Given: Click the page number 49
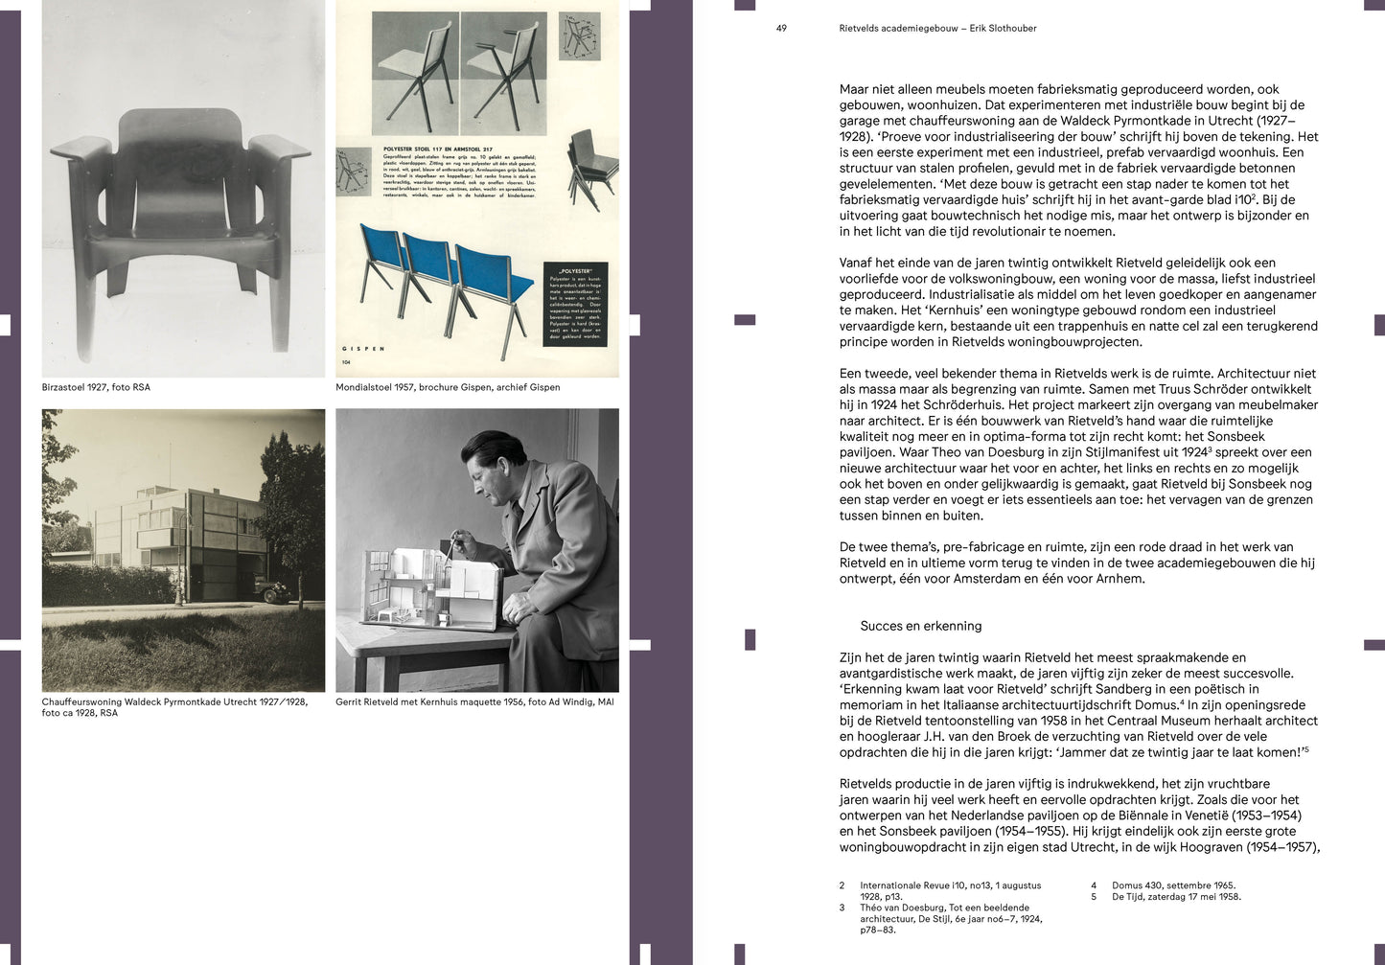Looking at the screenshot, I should (781, 29).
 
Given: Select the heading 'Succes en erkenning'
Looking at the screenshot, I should (920, 626).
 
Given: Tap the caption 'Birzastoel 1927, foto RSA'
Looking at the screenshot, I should (96, 387).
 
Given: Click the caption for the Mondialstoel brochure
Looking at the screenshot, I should (448, 387).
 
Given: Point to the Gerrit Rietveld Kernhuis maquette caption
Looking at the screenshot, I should (474, 701).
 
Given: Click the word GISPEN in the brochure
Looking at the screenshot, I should (364, 349).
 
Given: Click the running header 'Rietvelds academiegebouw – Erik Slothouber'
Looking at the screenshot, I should (937, 29).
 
